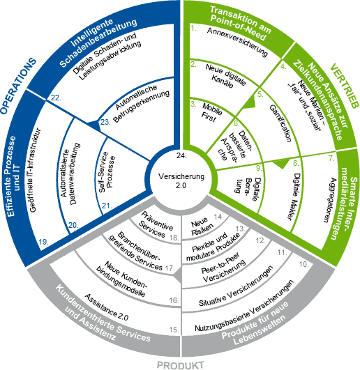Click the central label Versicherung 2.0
tap(181, 180)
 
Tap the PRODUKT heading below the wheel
tap(180, 365)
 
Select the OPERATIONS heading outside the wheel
tap(18, 86)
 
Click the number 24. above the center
tap(181, 156)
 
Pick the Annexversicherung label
tap(237, 42)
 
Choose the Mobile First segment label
tap(211, 112)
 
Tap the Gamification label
tap(280, 123)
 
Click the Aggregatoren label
tap(329, 200)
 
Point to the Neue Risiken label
tap(201, 226)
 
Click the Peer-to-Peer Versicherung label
tap(223, 267)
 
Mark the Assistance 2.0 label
tap(106, 307)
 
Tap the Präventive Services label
tap(156, 224)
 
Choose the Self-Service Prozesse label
tap(107, 172)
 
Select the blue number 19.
tap(44, 242)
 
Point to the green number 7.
tap(331, 158)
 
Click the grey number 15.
tap(174, 330)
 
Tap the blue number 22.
tap(56, 98)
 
